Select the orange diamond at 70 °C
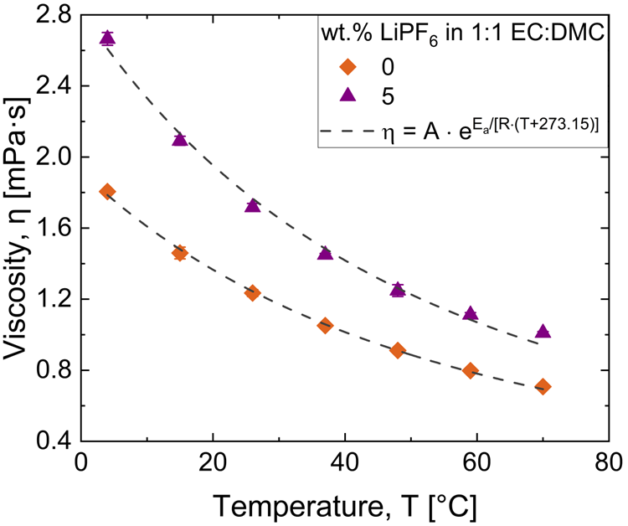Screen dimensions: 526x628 point(543,387)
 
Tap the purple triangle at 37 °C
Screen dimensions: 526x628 point(325,253)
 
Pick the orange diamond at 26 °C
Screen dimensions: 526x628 point(252,292)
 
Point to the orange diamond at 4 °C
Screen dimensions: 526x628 point(107,192)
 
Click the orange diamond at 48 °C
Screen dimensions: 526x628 point(398,350)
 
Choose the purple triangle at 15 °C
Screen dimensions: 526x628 point(179,139)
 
